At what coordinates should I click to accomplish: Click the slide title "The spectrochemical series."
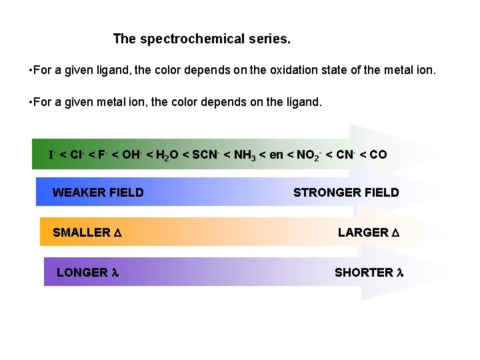(x=202, y=39)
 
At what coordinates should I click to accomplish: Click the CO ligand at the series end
(x=378, y=155)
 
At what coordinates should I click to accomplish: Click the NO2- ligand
(x=307, y=155)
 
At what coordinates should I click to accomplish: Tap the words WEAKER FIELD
(x=98, y=193)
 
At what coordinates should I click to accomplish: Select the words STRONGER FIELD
(x=346, y=193)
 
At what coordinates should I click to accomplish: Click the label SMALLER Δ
(x=86, y=233)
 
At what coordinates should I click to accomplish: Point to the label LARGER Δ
(x=368, y=233)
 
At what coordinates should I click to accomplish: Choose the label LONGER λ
(x=87, y=272)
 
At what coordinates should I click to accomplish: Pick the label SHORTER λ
(x=369, y=272)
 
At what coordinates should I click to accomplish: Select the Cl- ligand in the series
(x=76, y=155)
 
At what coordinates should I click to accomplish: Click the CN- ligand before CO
(x=344, y=155)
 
